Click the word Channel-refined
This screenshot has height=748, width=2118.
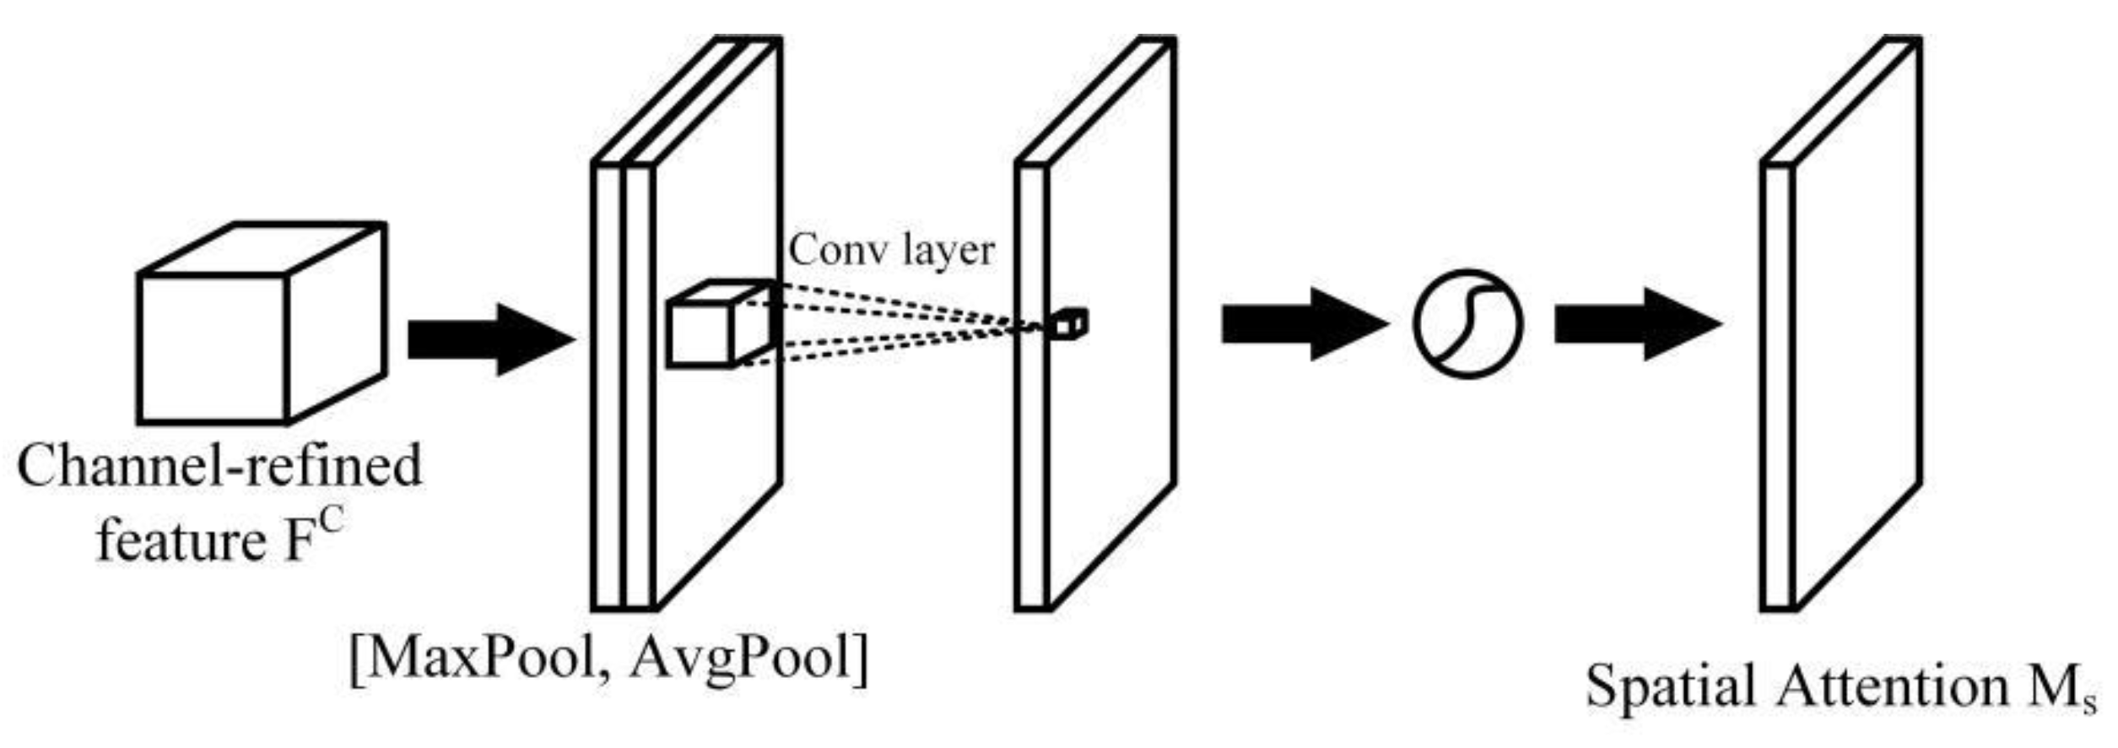pyautogui.click(x=219, y=466)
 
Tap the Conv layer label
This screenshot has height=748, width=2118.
pyautogui.click(x=892, y=250)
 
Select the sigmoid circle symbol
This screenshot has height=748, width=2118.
pyautogui.click(x=1467, y=324)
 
